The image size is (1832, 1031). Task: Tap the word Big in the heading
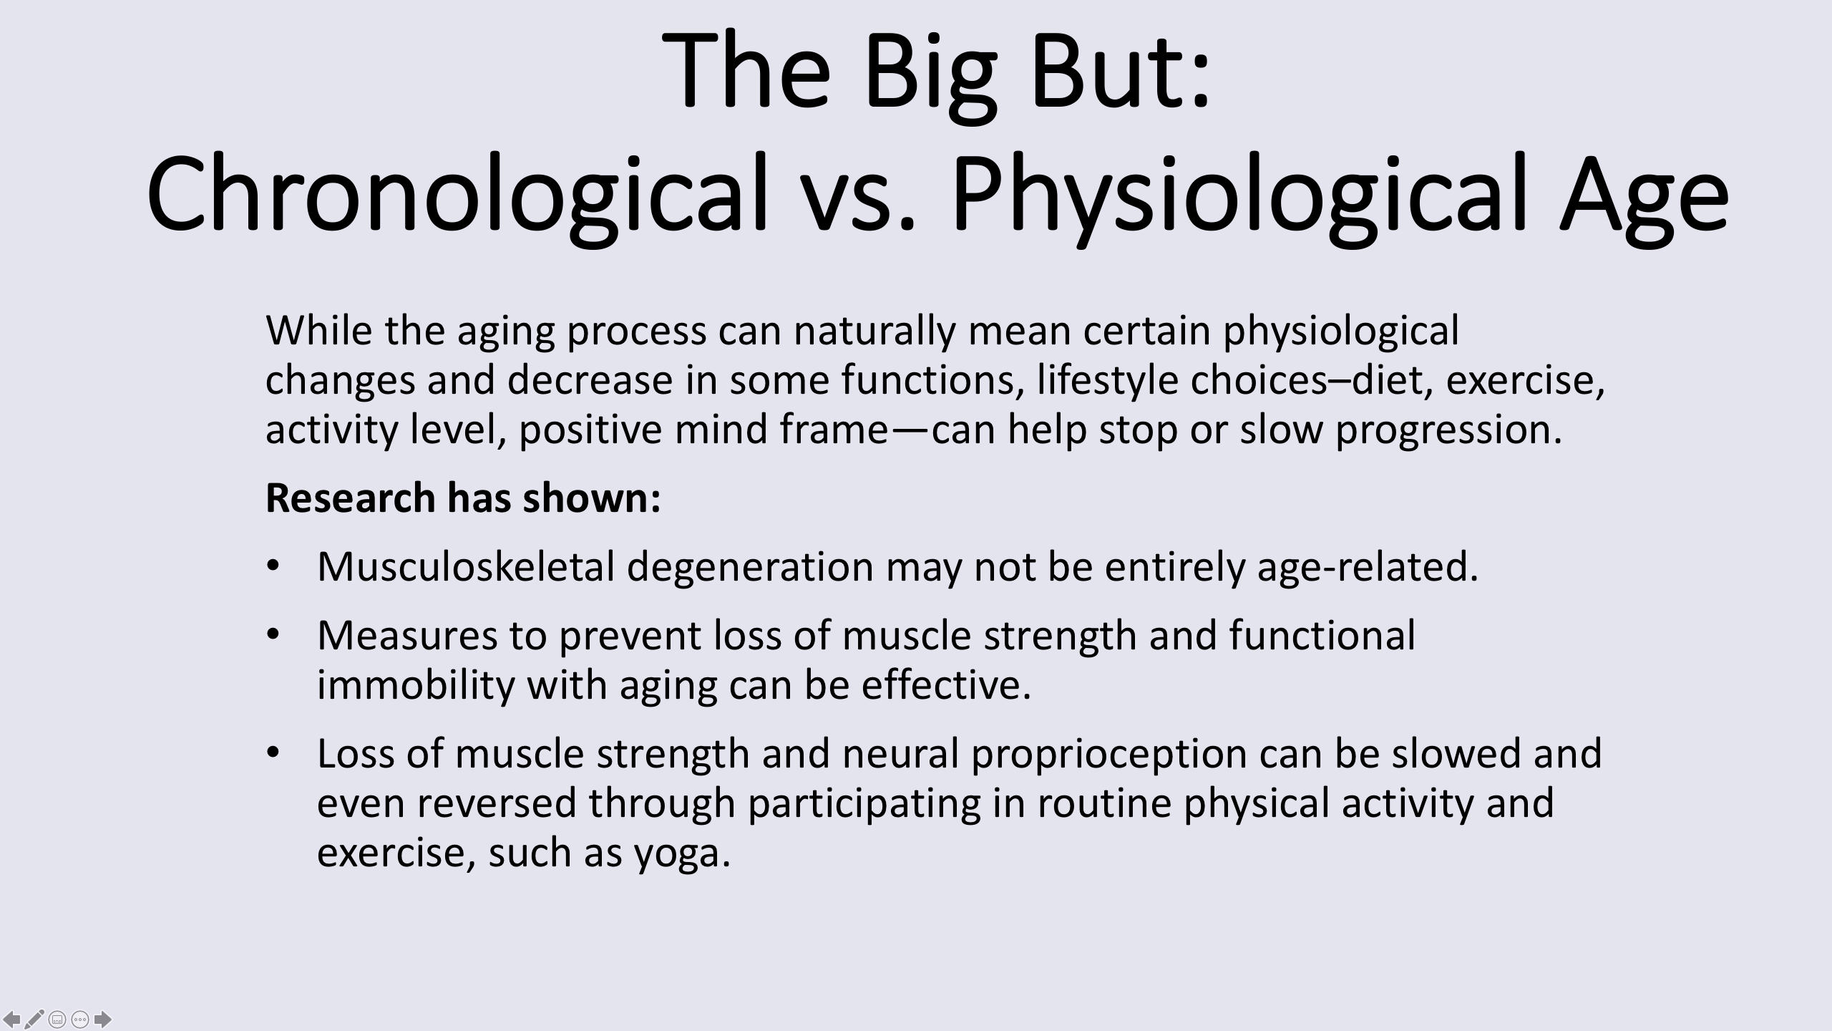[x=930, y=75]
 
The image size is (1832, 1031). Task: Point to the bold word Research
[x=351, y=498]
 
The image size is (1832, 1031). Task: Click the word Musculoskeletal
[x=466, y=566]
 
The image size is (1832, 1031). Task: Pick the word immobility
[x=416, y=684]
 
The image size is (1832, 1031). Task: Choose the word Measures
[x=407, y=635]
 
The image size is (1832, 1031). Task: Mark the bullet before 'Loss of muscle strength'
[x=272, y=754]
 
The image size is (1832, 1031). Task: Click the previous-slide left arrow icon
[x=11, y=1018]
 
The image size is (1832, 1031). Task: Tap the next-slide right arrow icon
[x=103, y=1018]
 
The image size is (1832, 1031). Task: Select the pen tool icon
[x=34, y=1018]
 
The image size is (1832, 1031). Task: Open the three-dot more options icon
[x=80, y=1019]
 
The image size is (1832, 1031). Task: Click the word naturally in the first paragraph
[x=874, y=331]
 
